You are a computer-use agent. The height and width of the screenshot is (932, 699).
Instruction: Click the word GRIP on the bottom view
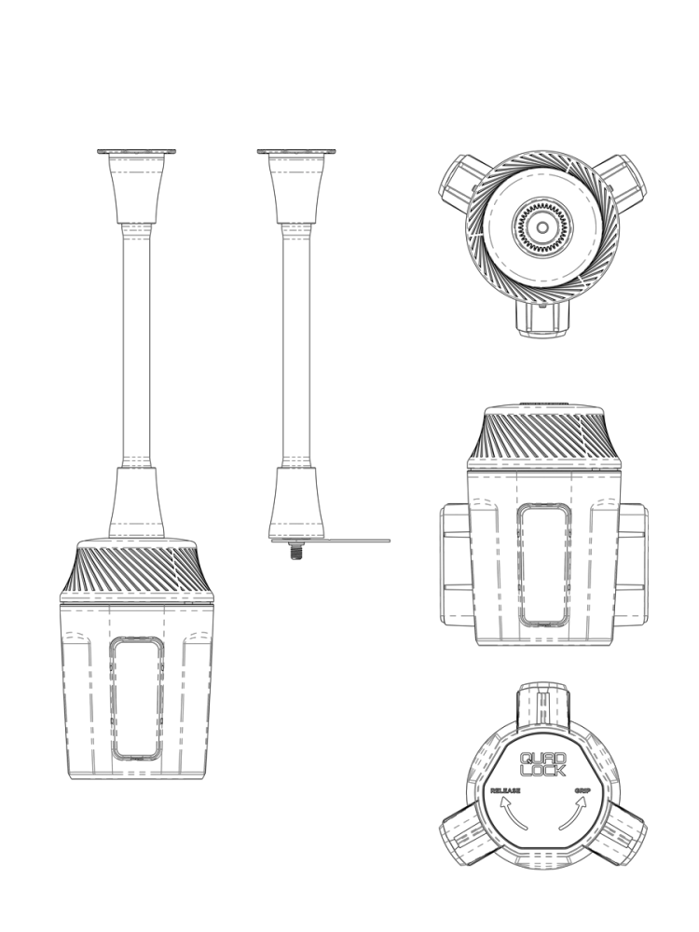pos(582,790)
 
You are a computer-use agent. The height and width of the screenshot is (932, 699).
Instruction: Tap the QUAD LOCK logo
pos(543,764)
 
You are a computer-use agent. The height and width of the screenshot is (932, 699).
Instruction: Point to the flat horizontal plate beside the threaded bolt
pos(331,541)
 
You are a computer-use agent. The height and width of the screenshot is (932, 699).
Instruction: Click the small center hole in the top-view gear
pos(542,227)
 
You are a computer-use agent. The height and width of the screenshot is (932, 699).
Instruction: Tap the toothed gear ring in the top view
pos(542,227)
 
